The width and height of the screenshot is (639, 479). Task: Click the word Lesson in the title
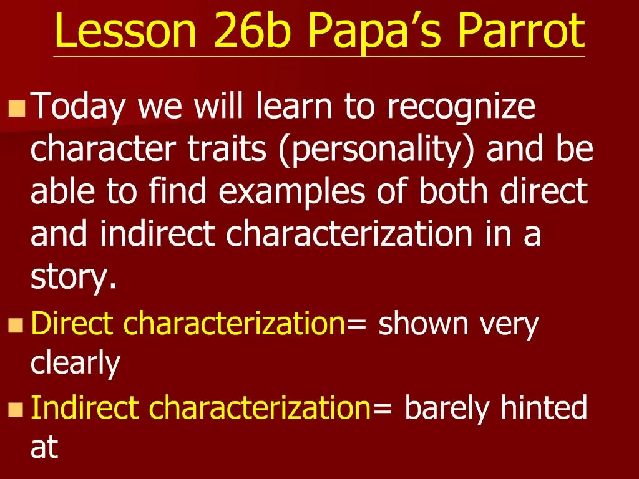coord(126,30)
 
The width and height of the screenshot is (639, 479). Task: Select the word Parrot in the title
coord(521,30)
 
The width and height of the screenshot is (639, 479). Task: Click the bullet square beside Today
coord(17,109)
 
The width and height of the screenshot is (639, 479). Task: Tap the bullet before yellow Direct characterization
coord(16,326)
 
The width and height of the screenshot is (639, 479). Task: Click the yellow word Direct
coord(72,323)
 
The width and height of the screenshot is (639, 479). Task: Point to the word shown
coord(424,323)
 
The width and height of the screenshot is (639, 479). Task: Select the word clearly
coord(76,364)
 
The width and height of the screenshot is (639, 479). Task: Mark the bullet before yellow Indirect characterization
coord(16,409)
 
